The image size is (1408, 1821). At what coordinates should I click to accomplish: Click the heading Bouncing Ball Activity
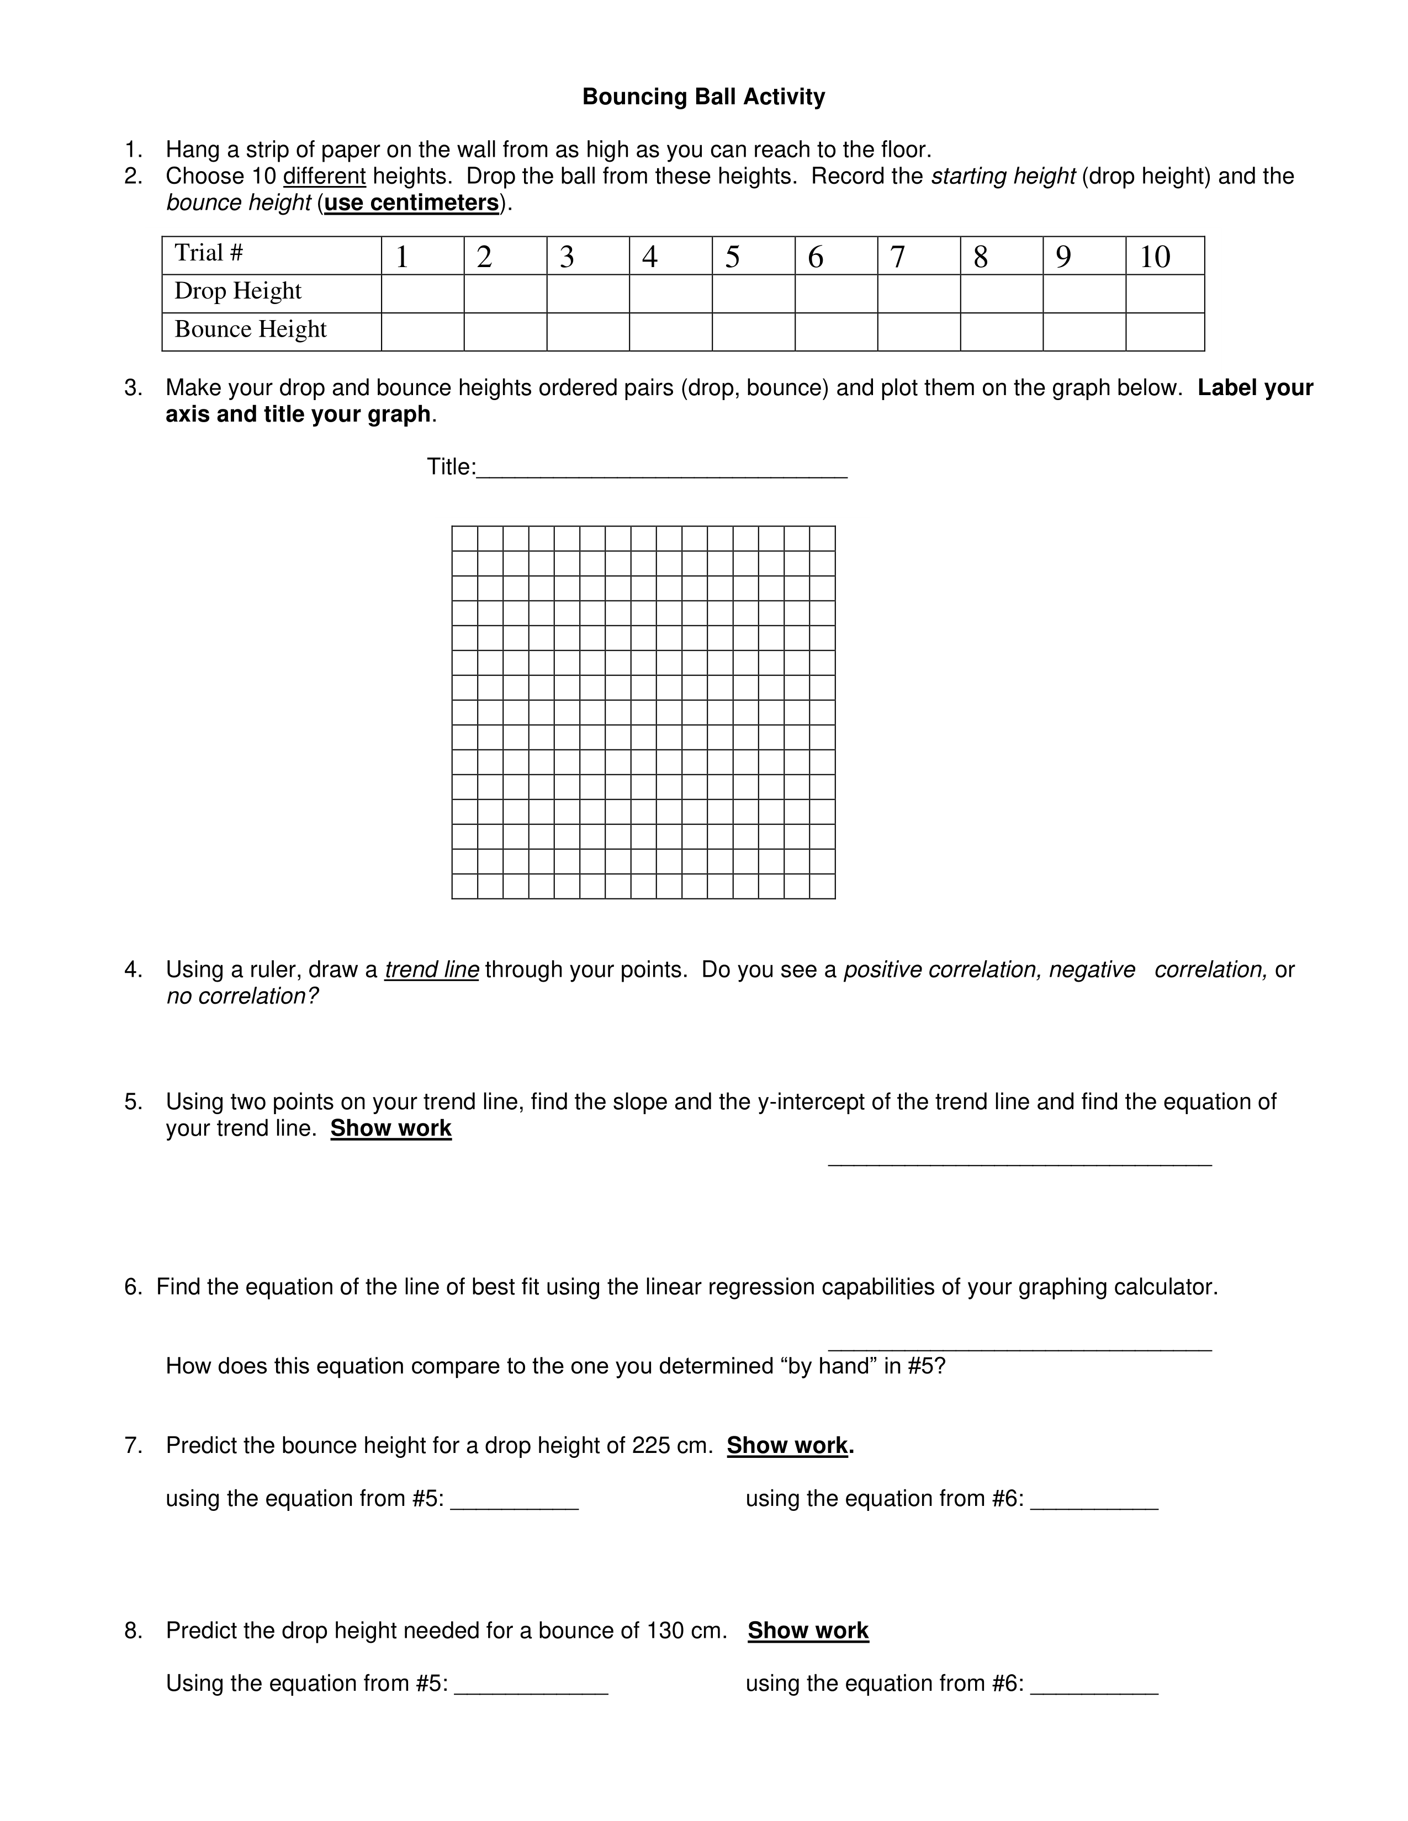pyautogui.click(x=703, y=97)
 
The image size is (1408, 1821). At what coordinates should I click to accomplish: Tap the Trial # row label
pyautogui.click(x=209, y=253)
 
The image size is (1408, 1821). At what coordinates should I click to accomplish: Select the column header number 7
pyautogui.click(x=897, y=257)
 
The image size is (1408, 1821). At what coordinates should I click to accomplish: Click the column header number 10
pyautogui.click(x=1155, y=257)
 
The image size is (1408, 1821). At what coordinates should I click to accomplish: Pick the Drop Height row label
pyautogui.click(x=238, y=291)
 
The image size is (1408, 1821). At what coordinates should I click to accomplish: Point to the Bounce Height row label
pyautogui.click(x=250, y=329)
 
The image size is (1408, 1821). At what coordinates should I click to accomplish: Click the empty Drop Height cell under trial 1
pyautogui.click(x=422, y=294)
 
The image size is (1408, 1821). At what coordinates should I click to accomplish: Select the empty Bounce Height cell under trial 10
pyautogui.click(x=1164, y=332)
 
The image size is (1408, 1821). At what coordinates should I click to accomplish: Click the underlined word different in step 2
pyautogui.click(x=325, y=177)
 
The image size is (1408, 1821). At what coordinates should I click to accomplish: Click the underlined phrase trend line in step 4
pyautogui.click(x=431, y=970)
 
